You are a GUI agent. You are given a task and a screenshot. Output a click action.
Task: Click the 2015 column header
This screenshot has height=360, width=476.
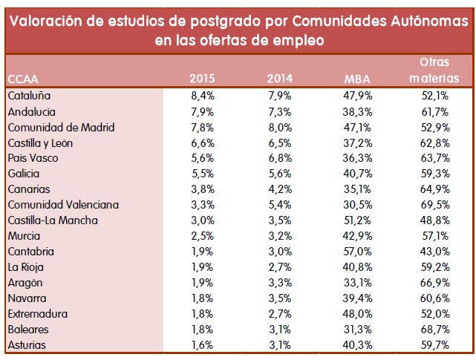(x=202, y=79)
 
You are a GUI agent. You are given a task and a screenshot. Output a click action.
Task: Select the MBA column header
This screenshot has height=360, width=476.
(x=357, y=79)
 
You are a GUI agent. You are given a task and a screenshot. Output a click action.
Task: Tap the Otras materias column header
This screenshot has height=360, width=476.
(x=434, y=70)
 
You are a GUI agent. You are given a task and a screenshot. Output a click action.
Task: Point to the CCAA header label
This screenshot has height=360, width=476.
(x=23, y=79)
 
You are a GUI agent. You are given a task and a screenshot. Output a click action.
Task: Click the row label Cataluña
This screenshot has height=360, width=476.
(x=29, y=96)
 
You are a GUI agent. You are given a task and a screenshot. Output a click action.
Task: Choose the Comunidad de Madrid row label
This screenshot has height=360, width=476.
(x=62, y=128)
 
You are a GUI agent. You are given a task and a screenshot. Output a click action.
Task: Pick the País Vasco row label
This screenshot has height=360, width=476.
(x=33, y=158)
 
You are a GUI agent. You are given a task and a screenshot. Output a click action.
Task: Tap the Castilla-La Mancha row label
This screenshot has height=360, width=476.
(x=53, y=220)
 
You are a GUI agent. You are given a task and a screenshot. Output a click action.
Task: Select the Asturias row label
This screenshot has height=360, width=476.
(x=27, y=345)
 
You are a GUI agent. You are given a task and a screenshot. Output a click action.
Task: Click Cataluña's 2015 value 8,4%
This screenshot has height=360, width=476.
(x=203, y=96)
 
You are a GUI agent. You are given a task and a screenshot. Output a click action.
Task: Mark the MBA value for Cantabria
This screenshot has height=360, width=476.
(x=357, y=252)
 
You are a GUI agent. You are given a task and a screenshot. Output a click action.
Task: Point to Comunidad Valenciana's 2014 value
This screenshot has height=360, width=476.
(x=280, y=205)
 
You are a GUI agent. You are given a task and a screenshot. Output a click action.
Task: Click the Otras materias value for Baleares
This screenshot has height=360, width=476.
(x=434, y=330)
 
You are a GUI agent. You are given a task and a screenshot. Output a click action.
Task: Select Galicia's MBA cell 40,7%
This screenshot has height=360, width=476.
(x=357, y=174)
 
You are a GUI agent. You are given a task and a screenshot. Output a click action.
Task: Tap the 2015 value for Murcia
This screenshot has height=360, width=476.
(x=203, y=236)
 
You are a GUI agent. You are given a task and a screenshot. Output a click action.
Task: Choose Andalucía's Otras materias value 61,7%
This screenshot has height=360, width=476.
(x=434, y=112)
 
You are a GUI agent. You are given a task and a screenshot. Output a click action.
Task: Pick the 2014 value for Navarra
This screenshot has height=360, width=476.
(x=280, y=298)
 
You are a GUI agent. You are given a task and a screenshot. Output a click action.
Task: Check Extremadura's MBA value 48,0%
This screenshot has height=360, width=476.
(x=357, y=314)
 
